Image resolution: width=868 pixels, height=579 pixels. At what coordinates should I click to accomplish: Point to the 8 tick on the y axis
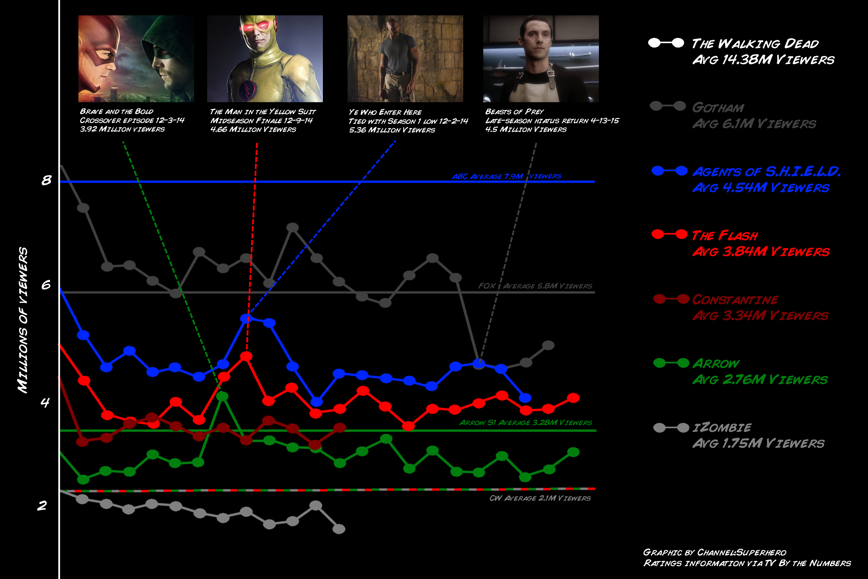click(x=46, y=180)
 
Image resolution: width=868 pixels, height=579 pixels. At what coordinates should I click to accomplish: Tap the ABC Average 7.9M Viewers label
click(x=506, y=177)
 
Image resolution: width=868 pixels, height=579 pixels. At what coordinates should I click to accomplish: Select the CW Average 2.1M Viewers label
click(x=540, y=498)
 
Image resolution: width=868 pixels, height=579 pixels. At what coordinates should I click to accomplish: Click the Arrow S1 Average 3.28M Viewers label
click(x=525, y=422)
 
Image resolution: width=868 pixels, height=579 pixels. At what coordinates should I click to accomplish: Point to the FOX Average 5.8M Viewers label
click(x=535, y=286)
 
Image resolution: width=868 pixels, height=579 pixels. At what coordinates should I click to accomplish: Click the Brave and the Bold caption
click(x=132, y=120)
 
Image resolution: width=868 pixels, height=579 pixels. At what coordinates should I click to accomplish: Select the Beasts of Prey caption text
click(x=551, y=120)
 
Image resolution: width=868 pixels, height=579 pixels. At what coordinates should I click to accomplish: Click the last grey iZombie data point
click(x=339, y=529)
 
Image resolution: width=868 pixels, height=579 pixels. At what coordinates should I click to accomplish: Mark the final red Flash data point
click(x=573, y=398)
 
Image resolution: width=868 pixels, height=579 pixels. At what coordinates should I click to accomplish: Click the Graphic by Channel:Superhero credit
click(x=714, y=552)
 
